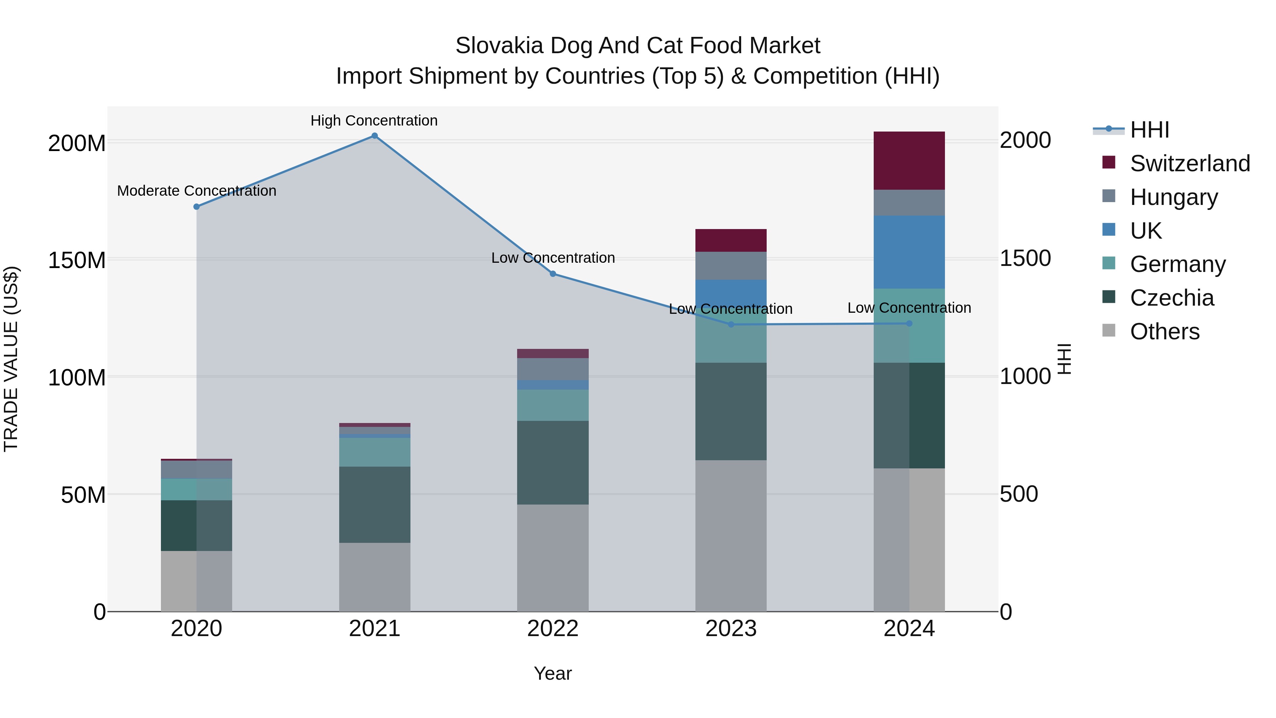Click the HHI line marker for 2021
pyautogui.click(x=375, y=136)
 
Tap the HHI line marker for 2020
pyautogui.click(x=197, y=207)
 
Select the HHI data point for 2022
pyautogui.click(x=553, y=273)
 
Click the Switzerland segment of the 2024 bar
pyautogui.click(x=909, y=161)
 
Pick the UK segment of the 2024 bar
pyautogui.click(x=909, y=252)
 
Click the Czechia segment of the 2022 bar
pyautogui.click(x=553, y=462)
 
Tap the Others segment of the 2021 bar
pyautogui.click(x=375, y=577)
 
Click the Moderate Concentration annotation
pyautogui.click(x=197, y=191)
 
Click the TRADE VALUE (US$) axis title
pyautogui.click(x=11, y=359)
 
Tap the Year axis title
pyautogui.click(x=553, y=673)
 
